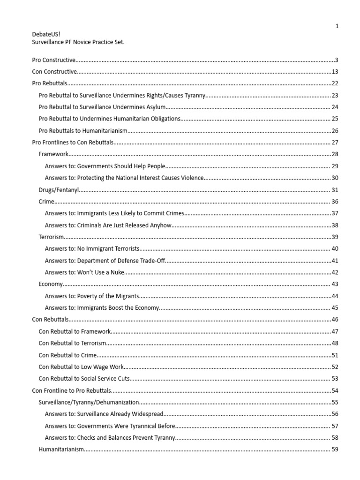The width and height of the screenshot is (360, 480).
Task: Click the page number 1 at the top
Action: click(337, 26)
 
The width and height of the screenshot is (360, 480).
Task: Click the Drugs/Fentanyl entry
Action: click(59, 190)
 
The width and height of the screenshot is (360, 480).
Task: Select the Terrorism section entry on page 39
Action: click(51, 237)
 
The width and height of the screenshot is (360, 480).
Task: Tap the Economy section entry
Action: click(50, 284)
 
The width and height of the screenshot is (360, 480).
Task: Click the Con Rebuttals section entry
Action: click(50, 320)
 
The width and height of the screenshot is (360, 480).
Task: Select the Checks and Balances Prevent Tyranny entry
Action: click(110, 438)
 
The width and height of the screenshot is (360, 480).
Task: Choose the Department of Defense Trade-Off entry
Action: click(105, 261)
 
